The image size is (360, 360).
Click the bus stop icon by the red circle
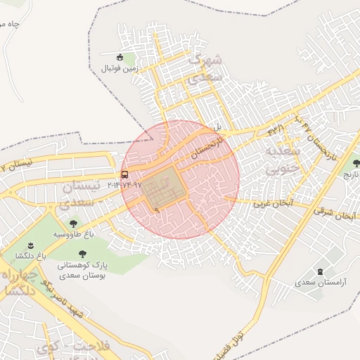pyautogui.click(x=124, y=174)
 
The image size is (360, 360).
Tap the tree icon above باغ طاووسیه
pyautogui.click(x=73, y=224)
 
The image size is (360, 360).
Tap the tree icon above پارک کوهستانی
pyautogui.click(x=82, y=254)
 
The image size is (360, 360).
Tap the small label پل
pyautogui.click(x=218, y=127)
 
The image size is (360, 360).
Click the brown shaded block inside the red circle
pyautogui.click(x=164, y=188)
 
